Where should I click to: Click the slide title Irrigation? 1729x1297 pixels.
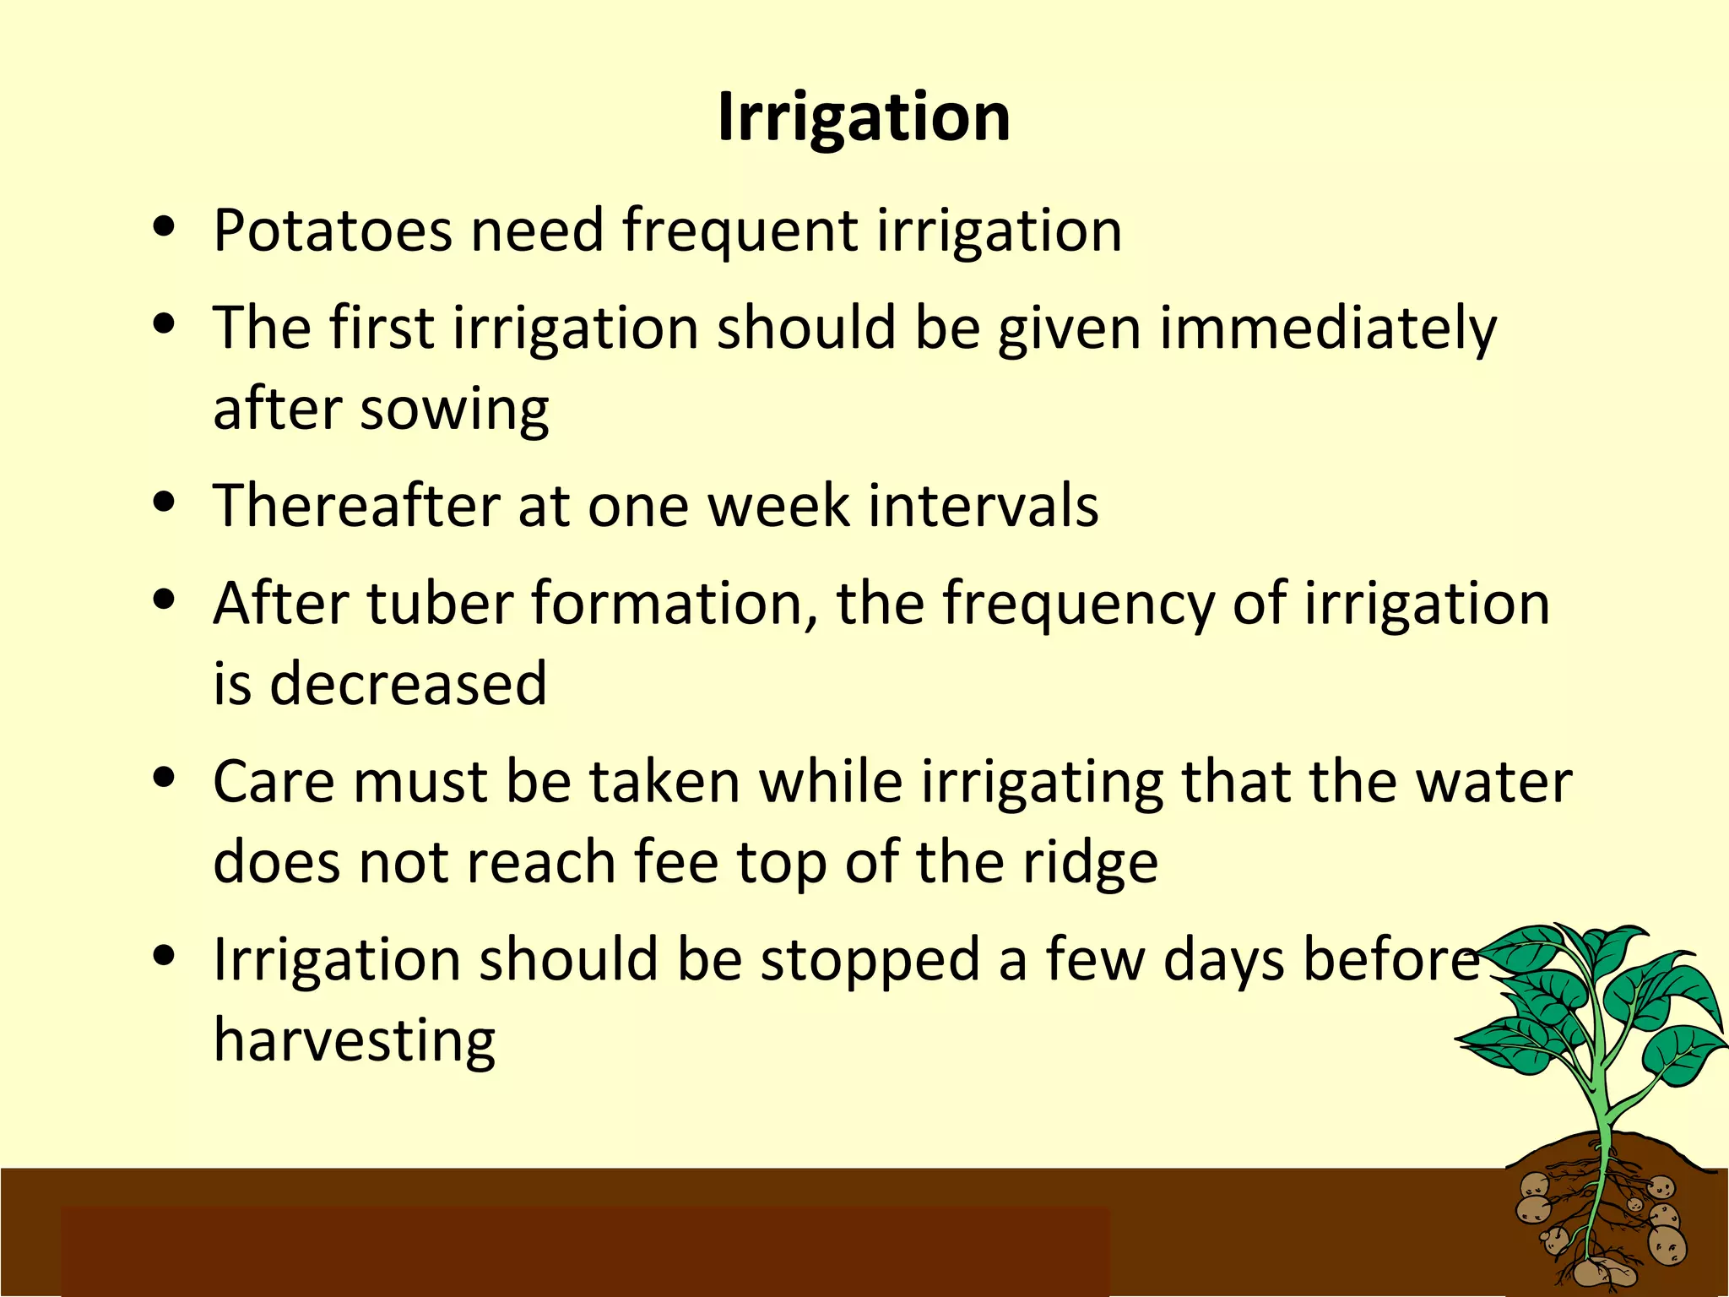864,117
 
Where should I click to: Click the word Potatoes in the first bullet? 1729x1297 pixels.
332,231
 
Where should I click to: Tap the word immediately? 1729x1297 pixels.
1327,329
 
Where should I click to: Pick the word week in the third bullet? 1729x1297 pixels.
778,506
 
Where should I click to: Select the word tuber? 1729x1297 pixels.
440,604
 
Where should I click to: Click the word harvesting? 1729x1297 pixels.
355,1041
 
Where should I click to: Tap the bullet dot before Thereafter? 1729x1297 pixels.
165,502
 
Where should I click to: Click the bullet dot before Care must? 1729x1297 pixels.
165,778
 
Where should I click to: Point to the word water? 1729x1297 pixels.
1493,782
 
